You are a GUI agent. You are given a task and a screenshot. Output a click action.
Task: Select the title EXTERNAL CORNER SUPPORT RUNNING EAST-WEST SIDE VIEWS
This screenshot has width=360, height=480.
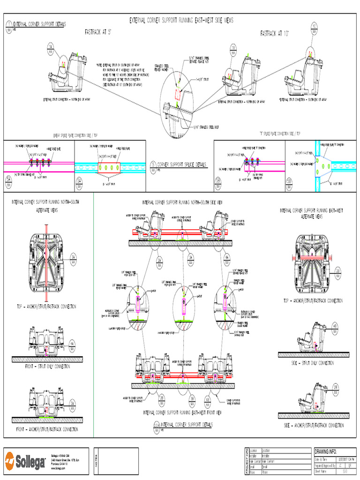point(181,21)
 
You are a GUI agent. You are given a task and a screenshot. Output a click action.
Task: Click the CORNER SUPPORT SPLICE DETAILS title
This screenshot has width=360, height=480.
point(181,165)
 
